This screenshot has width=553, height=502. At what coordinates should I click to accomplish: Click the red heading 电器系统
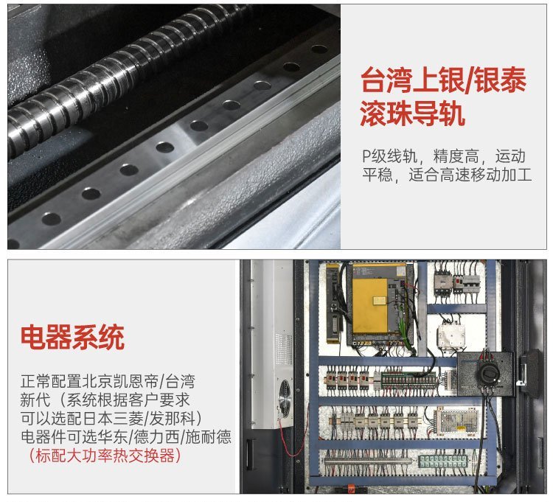72,338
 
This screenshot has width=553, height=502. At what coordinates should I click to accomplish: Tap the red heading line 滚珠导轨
412,114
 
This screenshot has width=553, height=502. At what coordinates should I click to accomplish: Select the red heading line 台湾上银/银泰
443,80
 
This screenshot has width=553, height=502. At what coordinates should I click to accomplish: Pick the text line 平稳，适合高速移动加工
447,175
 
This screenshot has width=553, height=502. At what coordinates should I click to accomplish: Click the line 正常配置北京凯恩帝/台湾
108,381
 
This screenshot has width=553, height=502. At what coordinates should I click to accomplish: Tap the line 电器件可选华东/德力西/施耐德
126,437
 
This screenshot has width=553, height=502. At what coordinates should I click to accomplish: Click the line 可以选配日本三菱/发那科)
111,419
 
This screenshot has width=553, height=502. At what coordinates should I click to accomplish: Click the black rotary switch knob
487,372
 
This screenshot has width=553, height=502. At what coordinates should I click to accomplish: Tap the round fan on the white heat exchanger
285,394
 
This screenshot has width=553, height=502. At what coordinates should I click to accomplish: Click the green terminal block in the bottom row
443,461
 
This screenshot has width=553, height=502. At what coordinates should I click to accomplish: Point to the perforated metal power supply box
456,422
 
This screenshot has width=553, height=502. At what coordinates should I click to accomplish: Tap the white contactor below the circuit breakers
451,336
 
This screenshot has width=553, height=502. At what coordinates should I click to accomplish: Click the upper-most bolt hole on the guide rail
319,49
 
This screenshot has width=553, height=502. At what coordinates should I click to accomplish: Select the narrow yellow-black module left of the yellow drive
333,303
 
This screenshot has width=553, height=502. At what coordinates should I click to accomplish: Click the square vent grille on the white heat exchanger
284,349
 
